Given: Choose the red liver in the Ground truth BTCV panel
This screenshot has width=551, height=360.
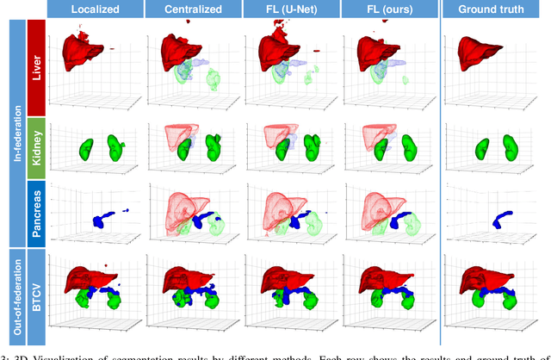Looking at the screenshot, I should pyautogui.click(x=486, y=277).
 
